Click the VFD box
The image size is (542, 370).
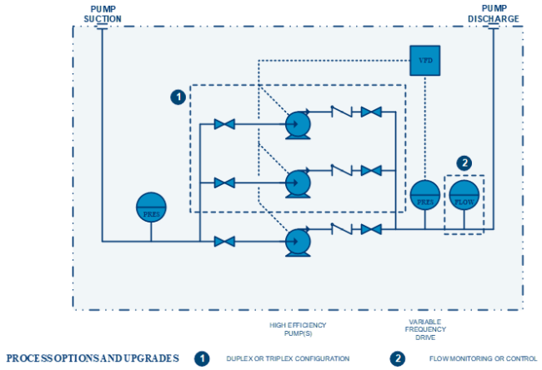[424, 60]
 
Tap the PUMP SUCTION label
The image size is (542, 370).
[102, 12]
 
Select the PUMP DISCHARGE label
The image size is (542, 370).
[493, 12]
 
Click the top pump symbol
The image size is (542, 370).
[297, 124]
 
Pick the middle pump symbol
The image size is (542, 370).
[297, 182]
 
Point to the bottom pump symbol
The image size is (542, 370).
[297, 241]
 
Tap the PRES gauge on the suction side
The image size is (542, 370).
[151, 206]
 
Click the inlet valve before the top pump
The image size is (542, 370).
[224, 124]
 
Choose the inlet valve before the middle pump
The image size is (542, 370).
[224, 182]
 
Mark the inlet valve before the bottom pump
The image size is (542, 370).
[224, 242]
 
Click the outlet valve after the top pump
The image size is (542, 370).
[371, 112]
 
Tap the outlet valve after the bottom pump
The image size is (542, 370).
[371, 228]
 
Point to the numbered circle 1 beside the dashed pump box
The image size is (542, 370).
[178, 97]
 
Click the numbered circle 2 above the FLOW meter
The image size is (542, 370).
[464, 162]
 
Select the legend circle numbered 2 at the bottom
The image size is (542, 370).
[398, 358]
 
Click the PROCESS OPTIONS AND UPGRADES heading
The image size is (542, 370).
[93, 358]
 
